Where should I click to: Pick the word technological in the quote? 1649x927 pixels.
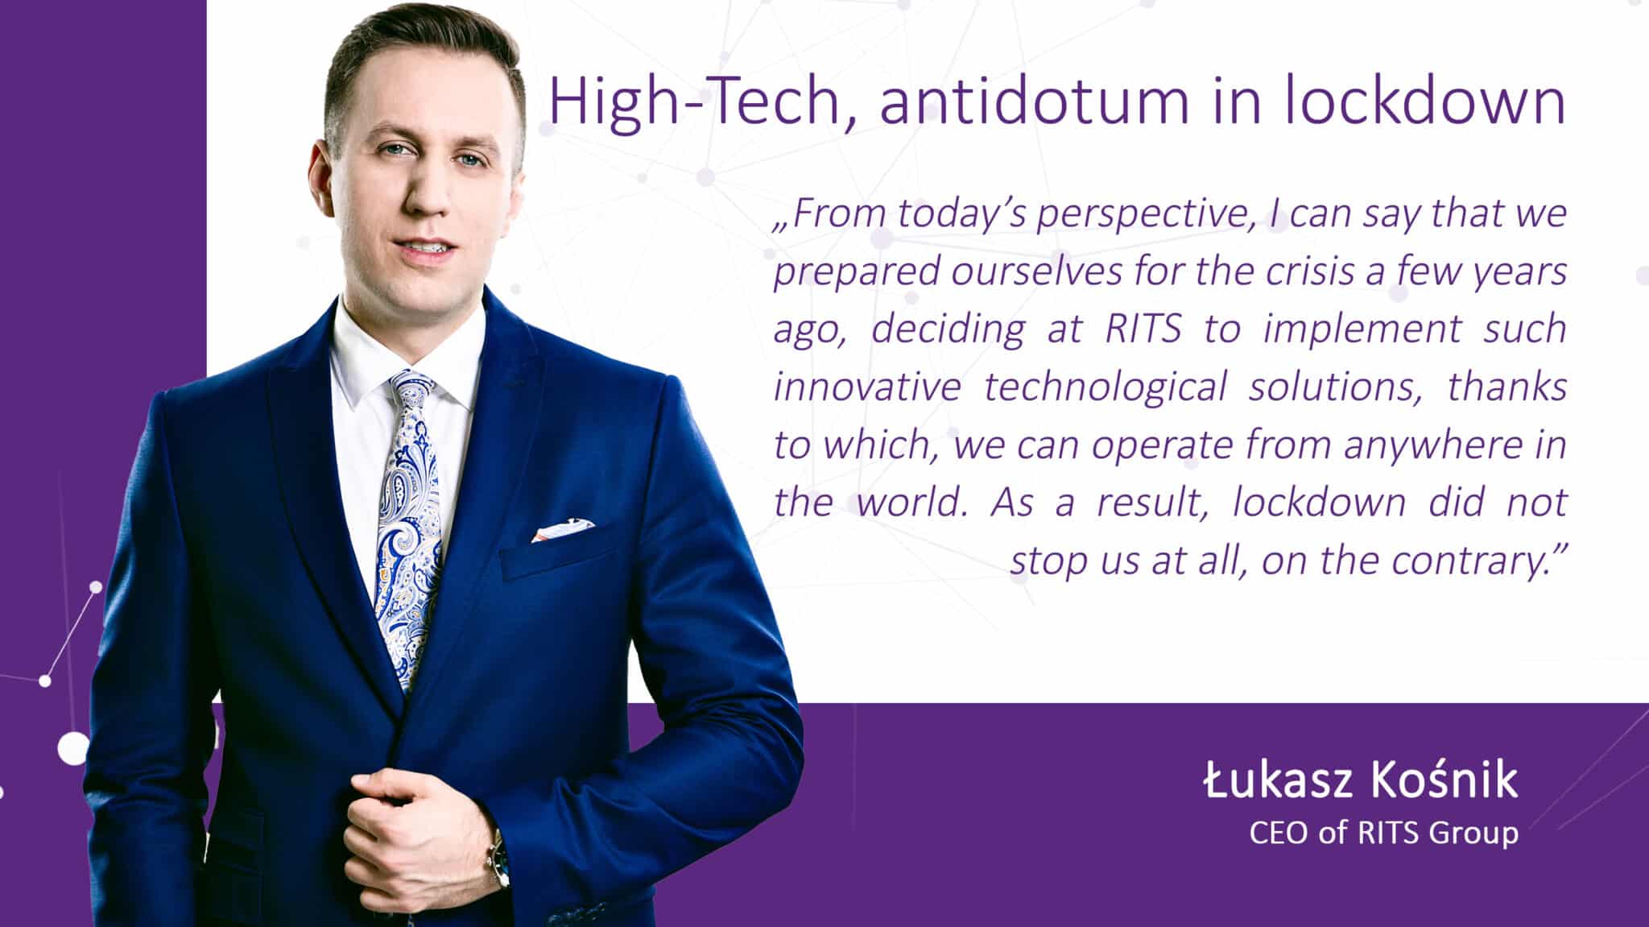click(x=1105, y=387)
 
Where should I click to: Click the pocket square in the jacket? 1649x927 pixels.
click(x=563, y=530)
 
